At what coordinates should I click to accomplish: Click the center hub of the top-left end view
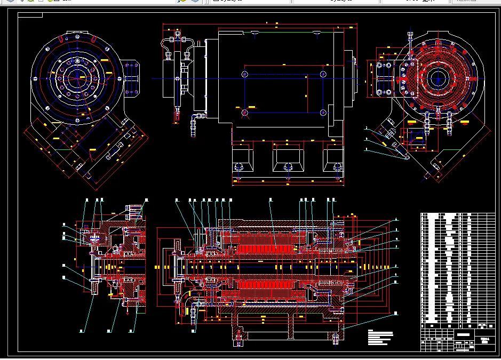coord(78,78)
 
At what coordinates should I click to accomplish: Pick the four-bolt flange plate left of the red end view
coord(384,79)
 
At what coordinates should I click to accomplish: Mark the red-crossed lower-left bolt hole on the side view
coord(244,113)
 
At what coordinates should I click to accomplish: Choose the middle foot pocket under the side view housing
coord(288,158)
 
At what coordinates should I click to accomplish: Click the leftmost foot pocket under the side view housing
coord(243,158)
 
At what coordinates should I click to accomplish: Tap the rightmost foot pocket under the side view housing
coord(333,158)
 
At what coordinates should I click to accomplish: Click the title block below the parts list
coord(458,339)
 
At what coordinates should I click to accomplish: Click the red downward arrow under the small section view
coord(127,312)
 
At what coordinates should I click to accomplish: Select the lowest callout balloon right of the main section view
coord(396,313)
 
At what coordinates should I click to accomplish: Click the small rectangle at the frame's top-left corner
coord(30,14)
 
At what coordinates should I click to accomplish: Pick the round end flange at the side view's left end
coord(173,78)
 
